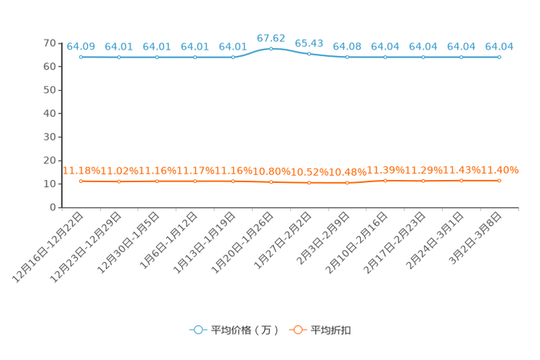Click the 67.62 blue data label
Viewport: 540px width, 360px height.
[x=271, y=38]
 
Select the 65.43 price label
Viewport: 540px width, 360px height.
[x=309, y=44]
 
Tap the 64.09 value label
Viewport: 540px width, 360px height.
[x=81, y=46]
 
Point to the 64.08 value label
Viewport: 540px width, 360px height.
[x=347, y=46]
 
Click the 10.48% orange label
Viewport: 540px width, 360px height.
[x=348, y=172]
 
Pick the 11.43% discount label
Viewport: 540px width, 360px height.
[x=462, y=170]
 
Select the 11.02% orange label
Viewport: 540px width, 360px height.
[x=119, y=171]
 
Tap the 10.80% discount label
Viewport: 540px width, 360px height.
[x=271, y=171]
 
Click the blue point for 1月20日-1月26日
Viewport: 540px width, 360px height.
[x=271, y=49]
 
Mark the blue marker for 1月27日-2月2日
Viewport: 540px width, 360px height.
[x=309, y=54]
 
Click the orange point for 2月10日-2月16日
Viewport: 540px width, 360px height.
[x=385, y=181]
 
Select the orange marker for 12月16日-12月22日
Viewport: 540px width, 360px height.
[x=81, y=181]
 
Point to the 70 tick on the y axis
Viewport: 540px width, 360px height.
[x=49, y=43]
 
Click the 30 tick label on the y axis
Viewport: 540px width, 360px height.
[x=49, y=137]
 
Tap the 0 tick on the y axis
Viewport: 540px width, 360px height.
[x=53, y=208]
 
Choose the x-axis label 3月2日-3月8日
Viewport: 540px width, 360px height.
[x=475, y=238]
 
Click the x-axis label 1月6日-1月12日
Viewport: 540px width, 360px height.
[x=168, y=240]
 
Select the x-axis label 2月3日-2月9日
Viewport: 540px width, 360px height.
[x=323, y=238]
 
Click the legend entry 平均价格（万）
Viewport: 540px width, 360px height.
[x=234, y=330]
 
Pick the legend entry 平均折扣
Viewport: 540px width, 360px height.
[x=320, y=330]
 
